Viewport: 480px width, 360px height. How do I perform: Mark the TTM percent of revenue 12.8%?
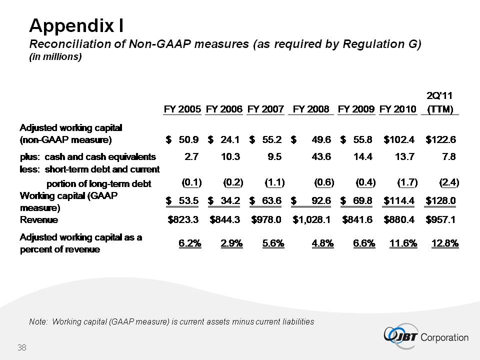(x=445, y=243)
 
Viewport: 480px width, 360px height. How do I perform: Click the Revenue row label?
(x=38, y=219)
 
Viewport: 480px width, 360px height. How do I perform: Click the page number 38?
(x=21, y=347)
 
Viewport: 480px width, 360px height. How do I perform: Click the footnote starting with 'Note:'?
(x=171, y=321)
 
